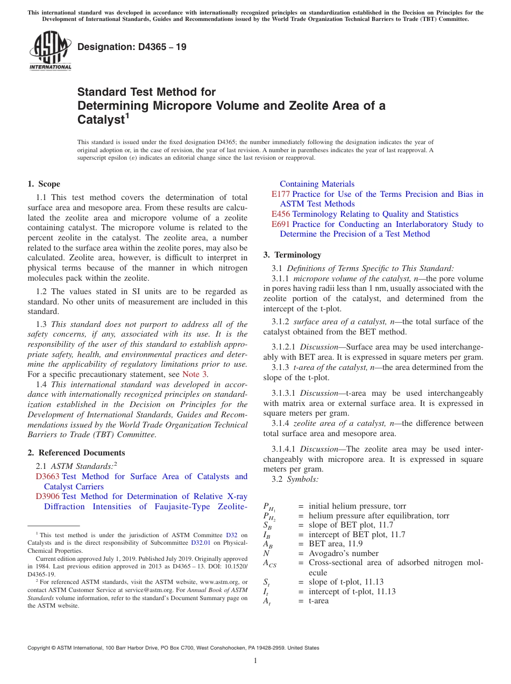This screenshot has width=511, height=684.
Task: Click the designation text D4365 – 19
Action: (x=132, y=47)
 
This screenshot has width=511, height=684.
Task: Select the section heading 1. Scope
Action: (x=44, y=184)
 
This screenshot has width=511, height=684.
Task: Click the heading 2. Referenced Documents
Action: (x=76, y=453)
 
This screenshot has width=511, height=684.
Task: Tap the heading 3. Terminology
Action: (x=292, y=255)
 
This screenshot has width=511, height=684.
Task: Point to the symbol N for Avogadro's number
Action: (x=266, y=553)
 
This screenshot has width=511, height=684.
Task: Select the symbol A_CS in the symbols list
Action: (x=269, y=564)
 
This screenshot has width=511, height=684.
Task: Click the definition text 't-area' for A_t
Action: (x=318, y=601)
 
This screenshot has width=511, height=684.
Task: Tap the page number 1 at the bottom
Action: (x=256, y=661)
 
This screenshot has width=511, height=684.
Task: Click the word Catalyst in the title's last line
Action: (x=101, y=119)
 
